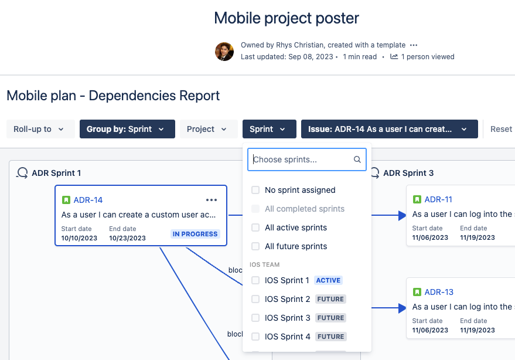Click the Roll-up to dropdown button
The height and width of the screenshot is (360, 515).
click(40, 129)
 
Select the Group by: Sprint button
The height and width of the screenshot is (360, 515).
click(127, 129)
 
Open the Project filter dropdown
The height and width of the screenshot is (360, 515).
click(207, 129)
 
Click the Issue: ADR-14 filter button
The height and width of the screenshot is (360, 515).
click(389, 129)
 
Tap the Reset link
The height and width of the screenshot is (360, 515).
click(501, 129)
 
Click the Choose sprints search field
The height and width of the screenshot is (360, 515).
click(301, 159)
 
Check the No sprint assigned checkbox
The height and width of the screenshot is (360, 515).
click(255, 190)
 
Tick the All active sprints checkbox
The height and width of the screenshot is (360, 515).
click(255, 227)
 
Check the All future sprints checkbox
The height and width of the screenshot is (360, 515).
click(255, 246)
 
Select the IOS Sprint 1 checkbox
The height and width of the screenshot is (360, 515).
click(255, 280)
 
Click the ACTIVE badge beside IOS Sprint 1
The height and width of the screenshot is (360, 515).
click(329, 280)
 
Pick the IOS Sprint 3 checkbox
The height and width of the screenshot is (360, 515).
click(255, 318)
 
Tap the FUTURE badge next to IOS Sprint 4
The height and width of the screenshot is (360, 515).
click(330, 337)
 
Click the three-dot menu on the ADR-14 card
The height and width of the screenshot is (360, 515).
click(212, 200)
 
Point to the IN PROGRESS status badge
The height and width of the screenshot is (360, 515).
click(195, 234)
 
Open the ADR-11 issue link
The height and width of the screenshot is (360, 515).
click(438, 199)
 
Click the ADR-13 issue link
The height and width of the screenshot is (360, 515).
click(439, 292)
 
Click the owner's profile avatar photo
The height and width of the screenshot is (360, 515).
click(224, 52)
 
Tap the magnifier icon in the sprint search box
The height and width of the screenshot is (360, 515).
click(357, 159)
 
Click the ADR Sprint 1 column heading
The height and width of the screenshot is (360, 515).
click(56, 173)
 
